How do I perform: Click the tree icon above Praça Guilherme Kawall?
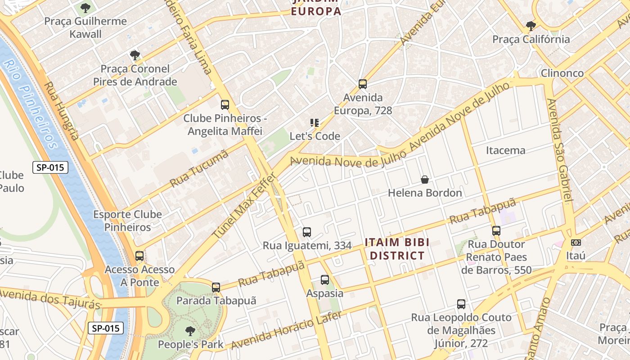(85, 8)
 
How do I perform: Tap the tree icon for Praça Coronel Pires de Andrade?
(135, 55)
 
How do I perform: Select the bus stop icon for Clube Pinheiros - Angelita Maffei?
(225, 105)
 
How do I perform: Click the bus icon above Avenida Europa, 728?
(363, 84)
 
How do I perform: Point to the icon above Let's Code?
(315, 122)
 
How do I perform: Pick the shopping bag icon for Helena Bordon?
(425, 180)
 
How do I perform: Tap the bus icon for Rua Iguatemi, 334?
(307, 232)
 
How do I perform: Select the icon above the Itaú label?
(576, 243)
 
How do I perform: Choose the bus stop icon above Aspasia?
(325, 280)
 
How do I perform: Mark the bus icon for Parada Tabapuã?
(216, 287)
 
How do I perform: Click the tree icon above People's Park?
(190, 331)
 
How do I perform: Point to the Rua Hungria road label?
(62, 111)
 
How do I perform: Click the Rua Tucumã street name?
(199, 169)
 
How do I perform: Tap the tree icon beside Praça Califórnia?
(531, 26)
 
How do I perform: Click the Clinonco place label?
(562, 73)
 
